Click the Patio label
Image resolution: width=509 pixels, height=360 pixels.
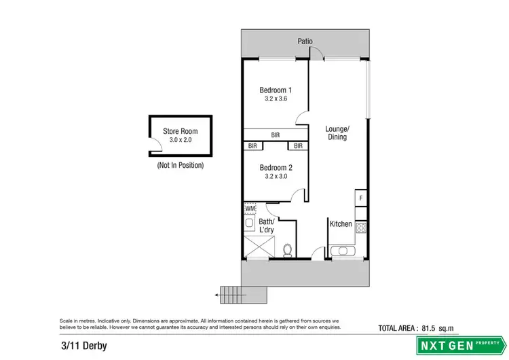tap(305, 41)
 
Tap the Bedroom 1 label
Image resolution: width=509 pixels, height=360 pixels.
tap(276, 90)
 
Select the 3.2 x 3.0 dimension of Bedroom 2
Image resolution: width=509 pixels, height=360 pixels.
tap(276, 176)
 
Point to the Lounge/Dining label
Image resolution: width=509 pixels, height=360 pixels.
tap(337, 132)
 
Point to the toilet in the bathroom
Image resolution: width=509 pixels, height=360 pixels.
tap(288, 250)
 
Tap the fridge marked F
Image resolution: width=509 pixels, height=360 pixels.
tap(361, 198)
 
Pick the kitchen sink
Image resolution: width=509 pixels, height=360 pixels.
tap(343, 251)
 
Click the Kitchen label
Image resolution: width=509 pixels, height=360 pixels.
tap(341, 224)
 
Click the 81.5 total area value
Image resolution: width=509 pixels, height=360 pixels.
tap(428, 329)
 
